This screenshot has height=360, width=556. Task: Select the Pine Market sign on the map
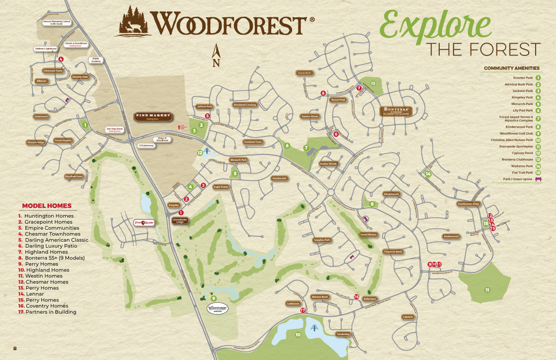153,116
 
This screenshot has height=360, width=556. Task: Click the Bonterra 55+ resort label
396,111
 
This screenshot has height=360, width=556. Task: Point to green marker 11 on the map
487,290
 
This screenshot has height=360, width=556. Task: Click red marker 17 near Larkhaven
303,310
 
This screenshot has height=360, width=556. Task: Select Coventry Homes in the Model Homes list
40,306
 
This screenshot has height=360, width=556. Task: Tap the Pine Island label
144,223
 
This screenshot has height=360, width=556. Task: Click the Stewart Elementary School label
57,22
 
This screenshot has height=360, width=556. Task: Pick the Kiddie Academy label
96,60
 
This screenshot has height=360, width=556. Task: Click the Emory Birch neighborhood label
304,73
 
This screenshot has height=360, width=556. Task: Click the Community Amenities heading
511,68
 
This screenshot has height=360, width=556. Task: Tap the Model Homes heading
47,206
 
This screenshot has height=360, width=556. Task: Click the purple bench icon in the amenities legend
539,179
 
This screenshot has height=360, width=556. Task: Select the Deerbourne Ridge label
468,204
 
